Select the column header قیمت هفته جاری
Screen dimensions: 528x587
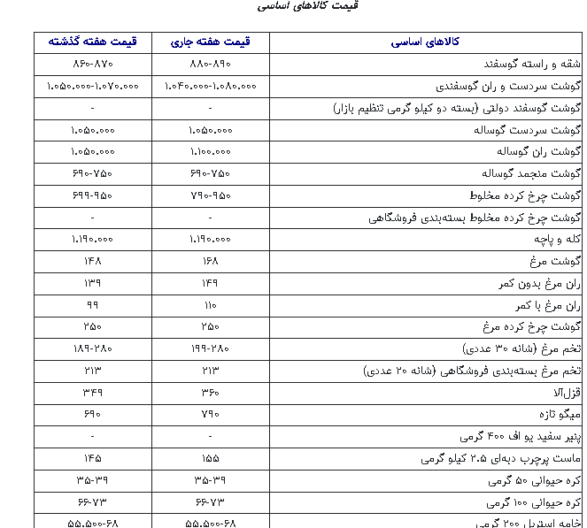tap(210, 42)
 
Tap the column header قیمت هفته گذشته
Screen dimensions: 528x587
tap(92, 42)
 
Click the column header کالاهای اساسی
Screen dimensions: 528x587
tap(425, 42)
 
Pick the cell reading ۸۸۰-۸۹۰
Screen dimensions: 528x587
tap(210, 65)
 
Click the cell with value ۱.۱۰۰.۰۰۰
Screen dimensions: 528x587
tap(210, 151)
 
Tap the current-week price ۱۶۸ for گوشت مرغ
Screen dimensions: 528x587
tap(210, 261)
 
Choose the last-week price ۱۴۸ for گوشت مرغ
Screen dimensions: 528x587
tap(92, 261)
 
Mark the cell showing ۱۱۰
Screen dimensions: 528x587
tap(210, 304)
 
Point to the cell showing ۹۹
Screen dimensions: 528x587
tap(92, 304)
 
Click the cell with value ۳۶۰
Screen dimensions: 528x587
tap(210, 391)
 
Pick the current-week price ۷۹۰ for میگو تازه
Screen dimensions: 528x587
tap(210, 413)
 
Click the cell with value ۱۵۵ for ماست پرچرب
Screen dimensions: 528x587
tap(210, 457)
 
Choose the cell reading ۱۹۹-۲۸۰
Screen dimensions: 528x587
tap(210, 348)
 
